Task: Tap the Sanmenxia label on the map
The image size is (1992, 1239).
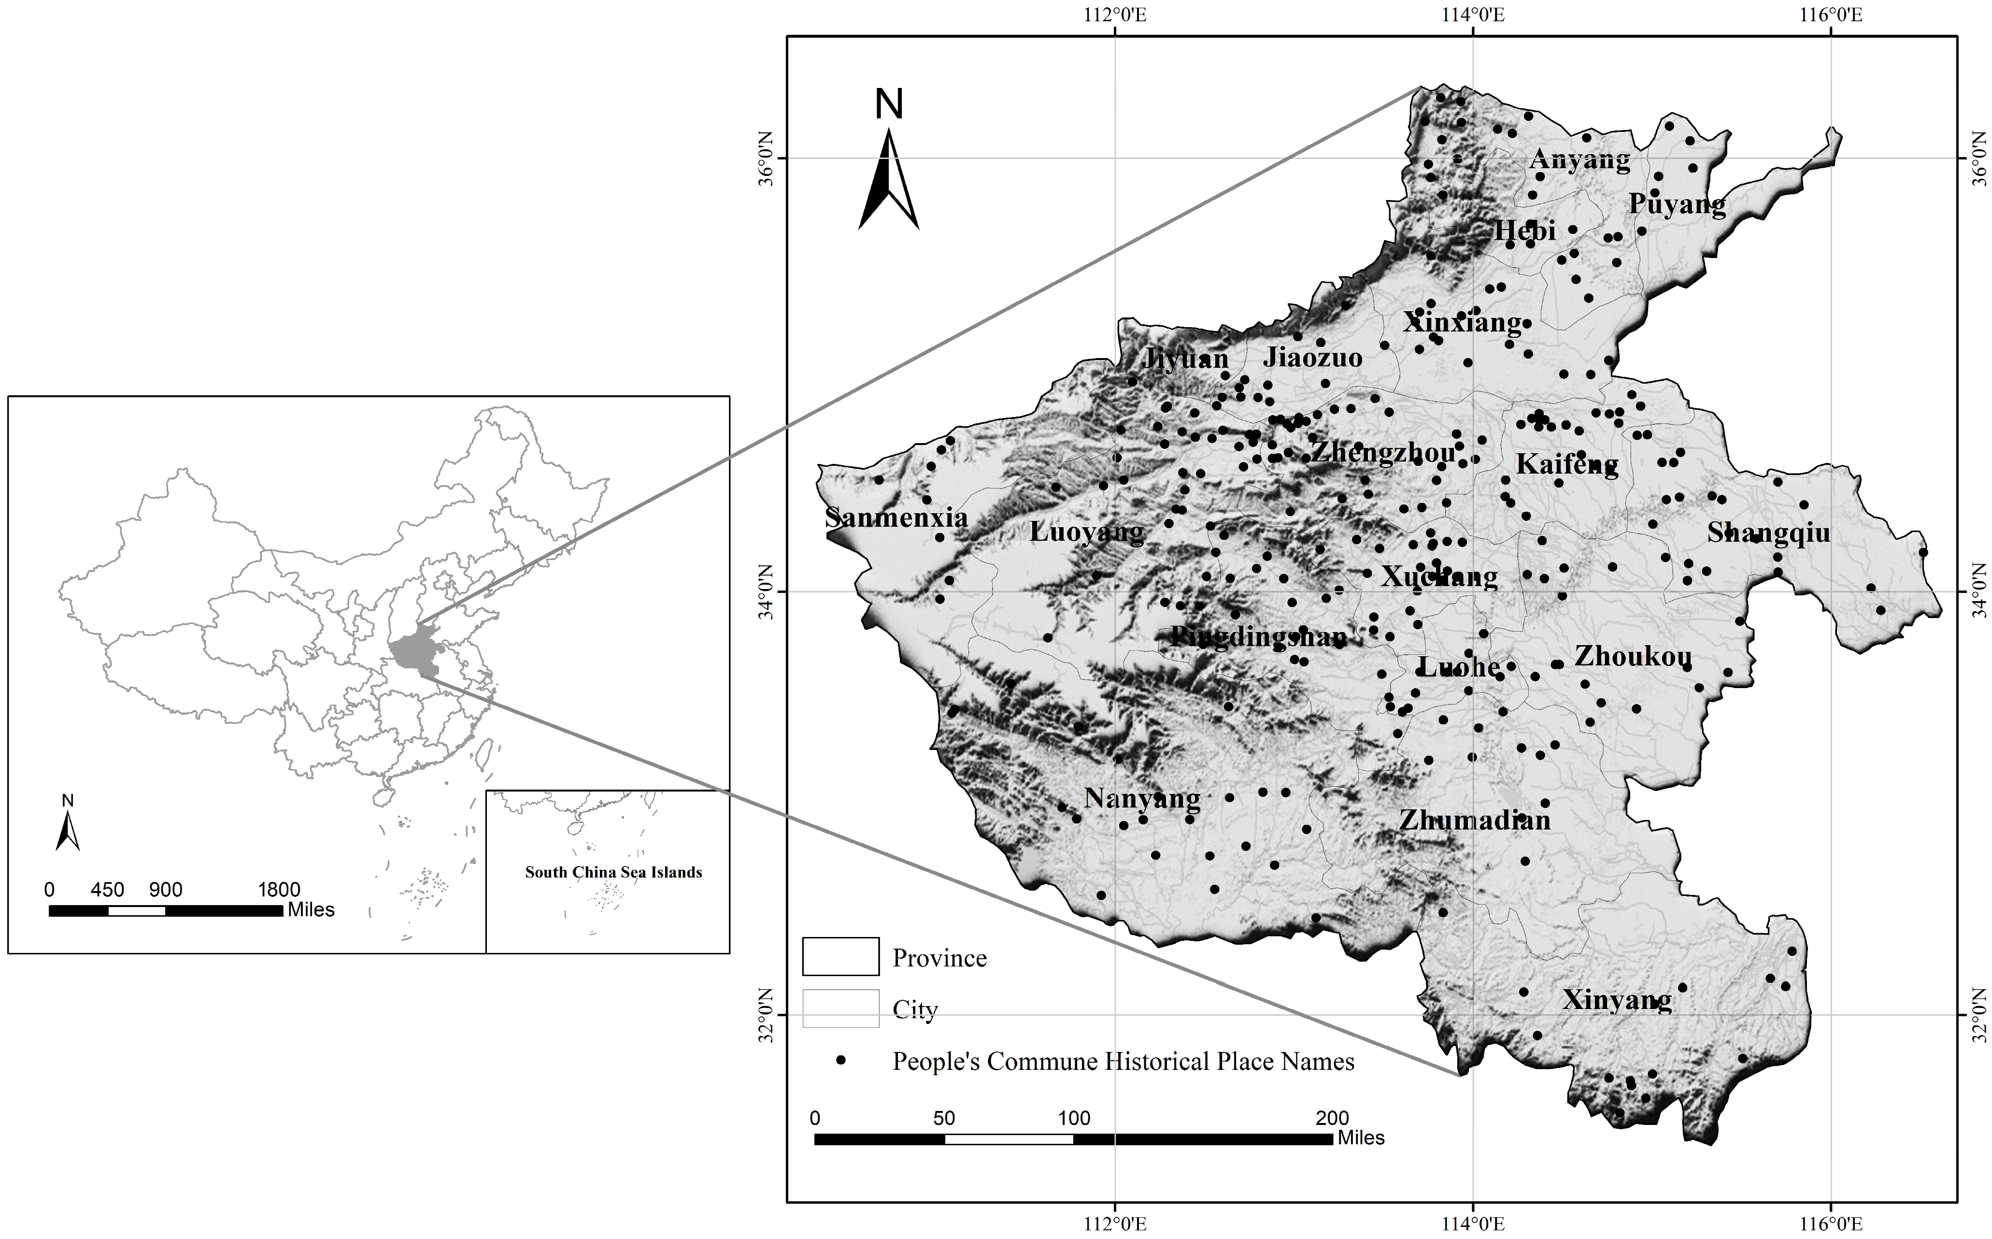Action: (x=896, y=518)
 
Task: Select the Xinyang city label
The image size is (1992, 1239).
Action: (x=1616, y=1001)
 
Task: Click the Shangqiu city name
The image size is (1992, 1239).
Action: (x=1767, y=533)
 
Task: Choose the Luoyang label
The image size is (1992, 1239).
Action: (x=1086, y=533)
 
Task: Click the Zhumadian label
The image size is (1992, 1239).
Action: (x=1474, y=820)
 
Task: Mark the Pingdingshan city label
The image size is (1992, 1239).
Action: (x=1258, y=637)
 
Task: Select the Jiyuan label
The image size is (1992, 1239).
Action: (x=1184, y=359)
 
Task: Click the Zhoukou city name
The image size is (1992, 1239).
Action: (x=1633, y=656)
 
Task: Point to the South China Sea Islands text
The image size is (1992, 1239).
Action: (x=613, y=873)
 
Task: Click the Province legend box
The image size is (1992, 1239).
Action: (x=840, y=956)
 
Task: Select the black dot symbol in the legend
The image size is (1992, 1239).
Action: (x=840, y=1060)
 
